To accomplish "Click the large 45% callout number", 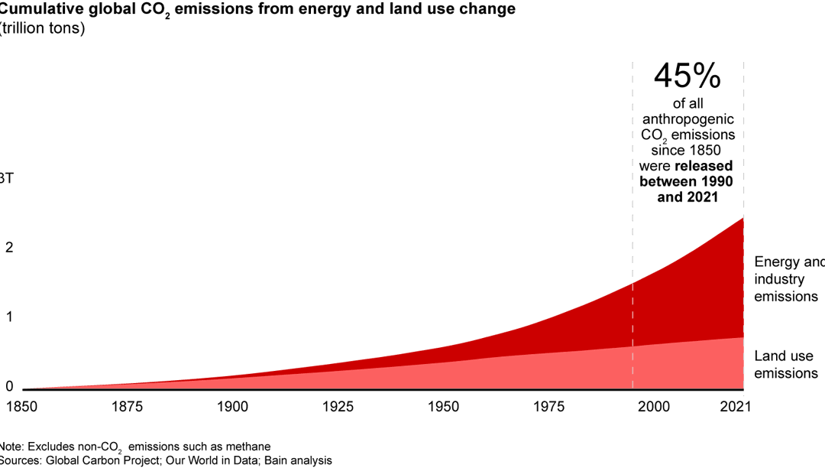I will point(687,76).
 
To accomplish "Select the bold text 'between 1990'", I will point(686,181).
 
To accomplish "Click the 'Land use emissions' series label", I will point(786,365).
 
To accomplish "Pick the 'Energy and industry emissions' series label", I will point(787,279).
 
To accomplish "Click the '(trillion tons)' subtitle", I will point(43,29).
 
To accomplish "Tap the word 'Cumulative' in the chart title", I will point(38,9).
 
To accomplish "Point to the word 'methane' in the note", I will point(249,447).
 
